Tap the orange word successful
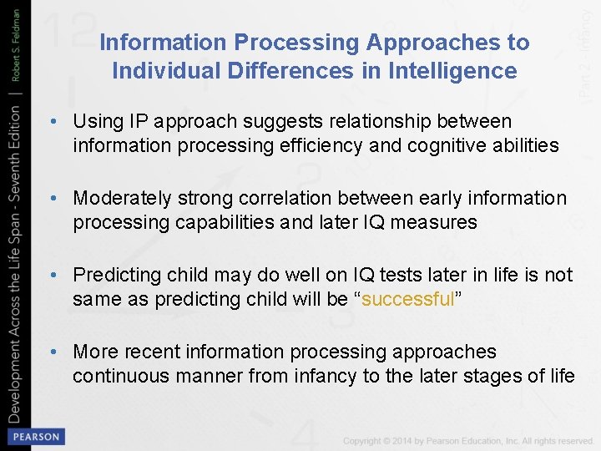(x=408, y=299)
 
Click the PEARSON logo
(x=34, y=437)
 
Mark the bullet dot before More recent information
(x=53, y=352)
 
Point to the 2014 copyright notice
(x=467, y=441)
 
